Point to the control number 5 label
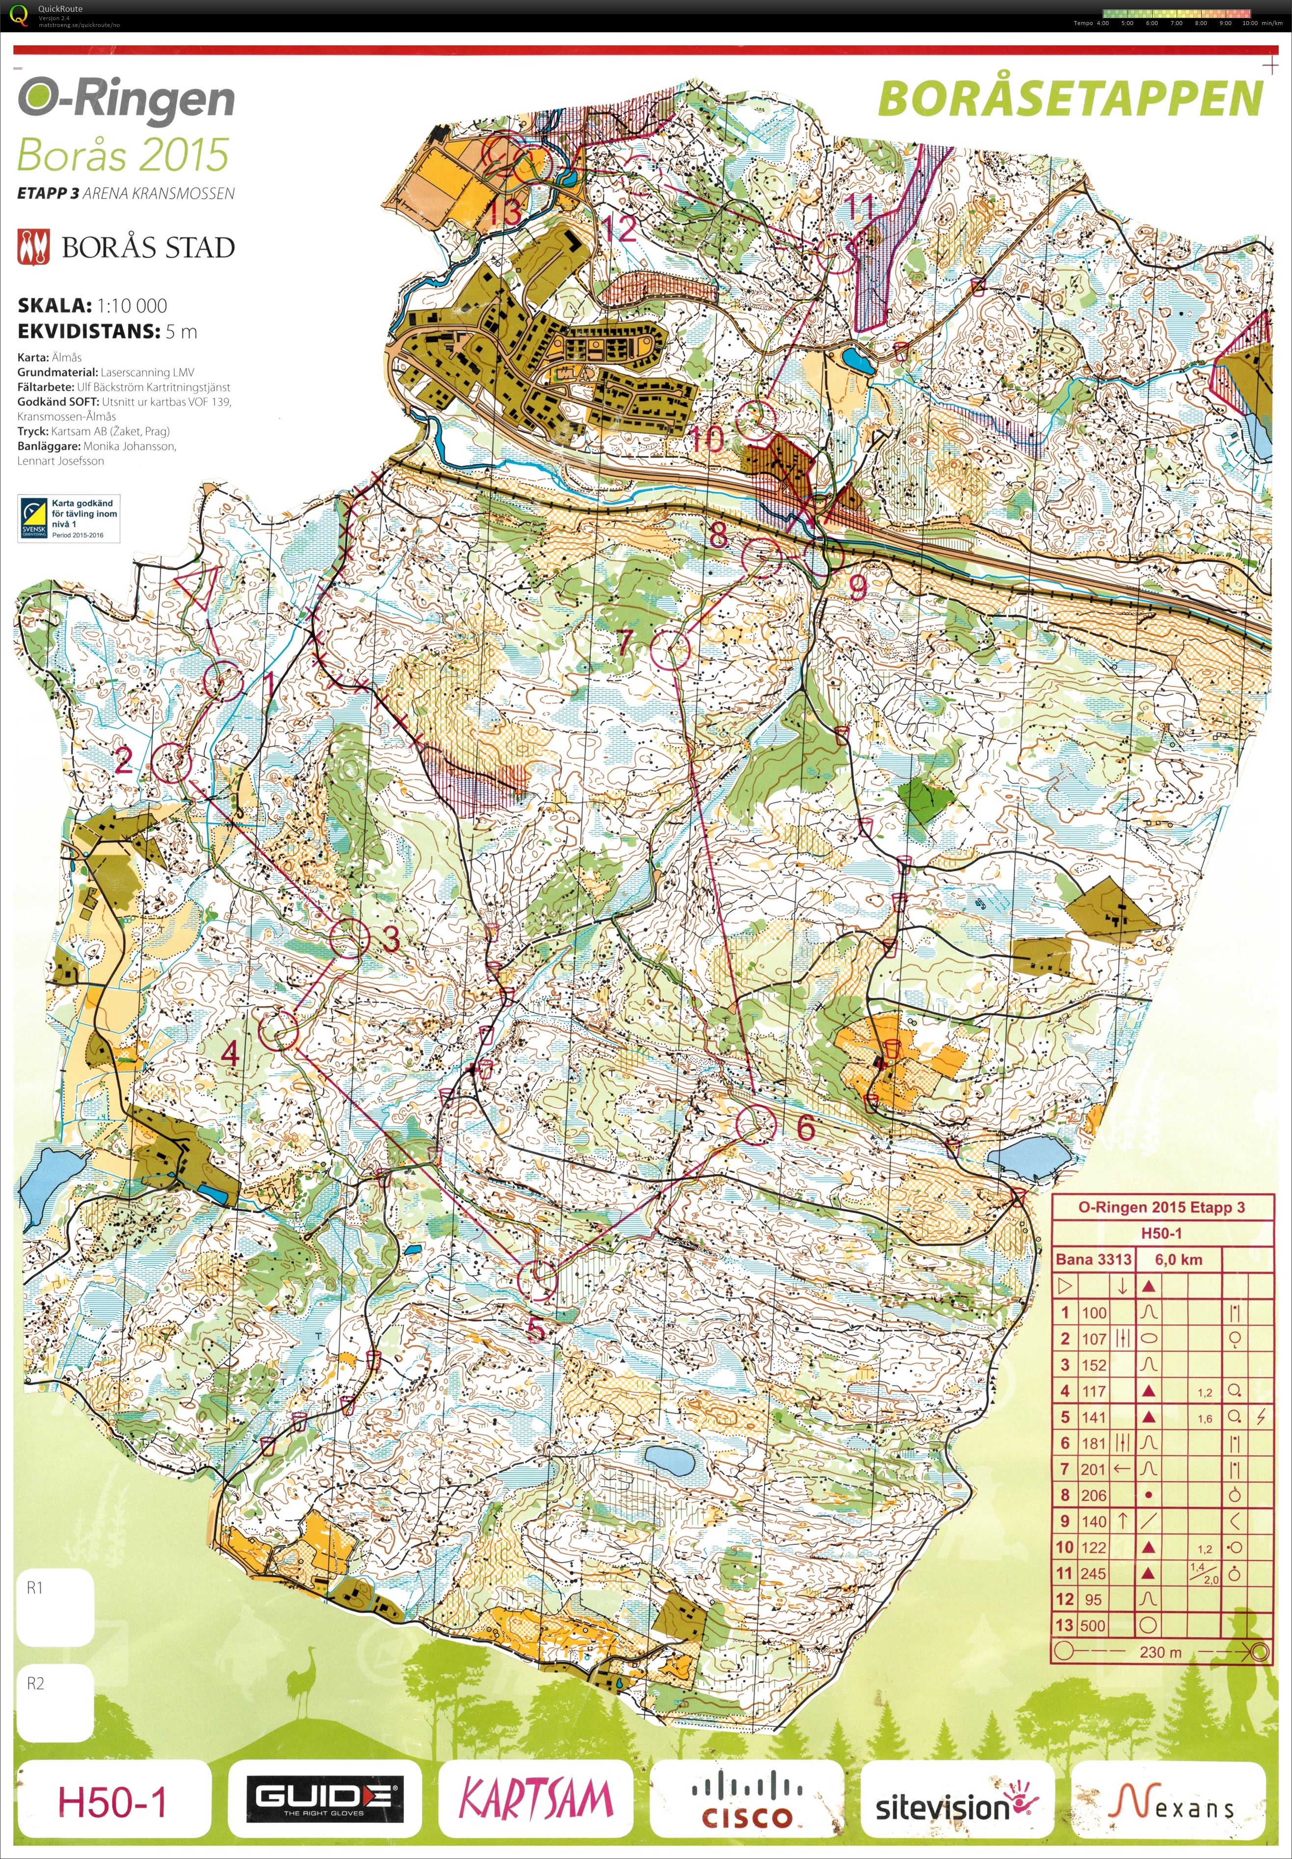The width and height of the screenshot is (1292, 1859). click(x=535, y=1328)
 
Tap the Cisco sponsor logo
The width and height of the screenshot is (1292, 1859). click(x=746, y=1798)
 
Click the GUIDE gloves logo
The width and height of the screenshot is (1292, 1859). click(x=324, y=1798)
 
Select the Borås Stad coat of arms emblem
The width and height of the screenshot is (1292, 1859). click(x=33, y=247)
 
